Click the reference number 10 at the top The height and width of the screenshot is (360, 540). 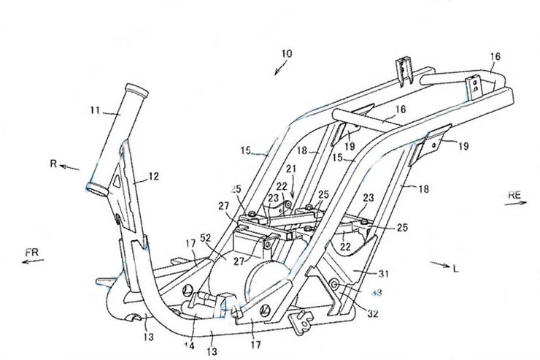[286, 54]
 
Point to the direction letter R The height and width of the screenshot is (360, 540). [53, 164]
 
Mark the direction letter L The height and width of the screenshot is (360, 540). [455, 269]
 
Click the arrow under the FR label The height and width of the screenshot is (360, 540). [32, 262]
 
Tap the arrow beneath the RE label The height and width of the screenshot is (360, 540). [515, 204]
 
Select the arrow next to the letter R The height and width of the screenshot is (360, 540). [70, 167]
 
